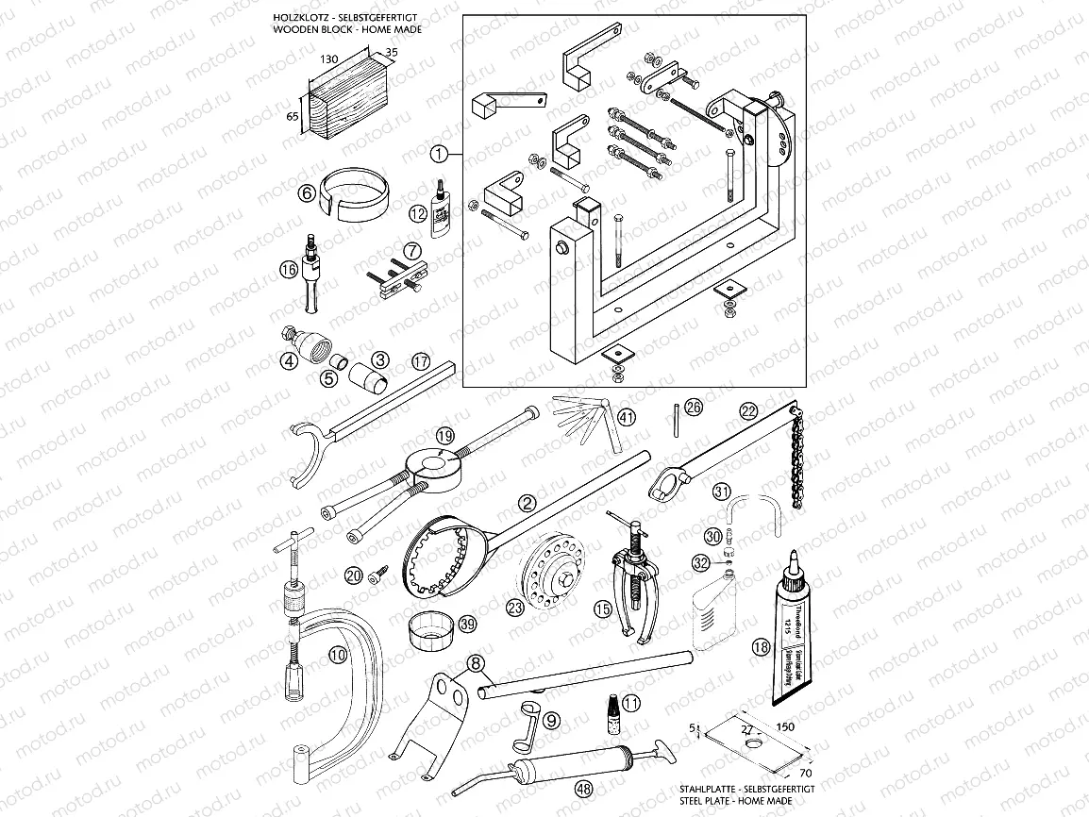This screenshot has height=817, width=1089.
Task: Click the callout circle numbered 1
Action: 438,151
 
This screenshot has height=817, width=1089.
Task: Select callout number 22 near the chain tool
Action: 748,410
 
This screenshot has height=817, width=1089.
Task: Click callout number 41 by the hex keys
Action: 627,416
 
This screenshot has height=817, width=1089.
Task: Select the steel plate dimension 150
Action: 784,727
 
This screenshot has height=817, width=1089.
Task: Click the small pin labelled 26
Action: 677,417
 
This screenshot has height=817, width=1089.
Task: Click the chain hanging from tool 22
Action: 796,472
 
